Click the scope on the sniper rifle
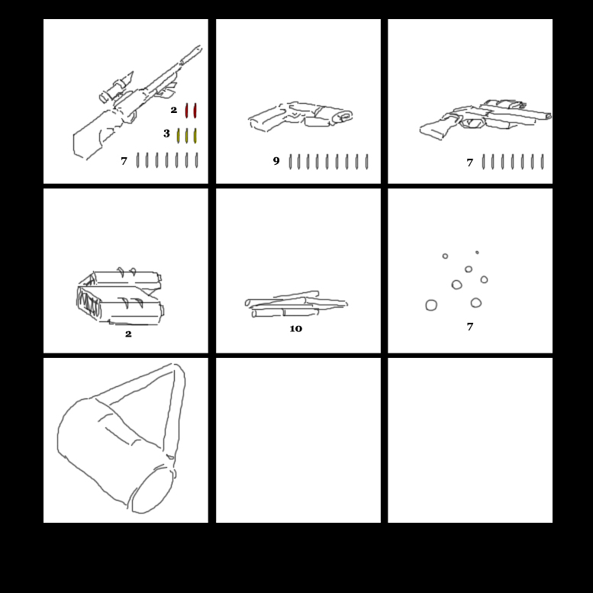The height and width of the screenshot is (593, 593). (116, 88)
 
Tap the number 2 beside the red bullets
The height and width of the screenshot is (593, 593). (173, 110)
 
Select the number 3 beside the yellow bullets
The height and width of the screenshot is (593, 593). (166, 134)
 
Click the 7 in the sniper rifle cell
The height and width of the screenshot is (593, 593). (124, 161)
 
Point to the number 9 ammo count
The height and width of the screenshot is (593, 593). (276, 161)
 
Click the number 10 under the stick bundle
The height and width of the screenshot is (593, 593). (296, 329)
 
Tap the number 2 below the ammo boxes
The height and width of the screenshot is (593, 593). (128, 334)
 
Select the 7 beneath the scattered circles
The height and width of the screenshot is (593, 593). (470, 327)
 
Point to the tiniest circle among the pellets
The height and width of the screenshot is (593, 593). (477, 253)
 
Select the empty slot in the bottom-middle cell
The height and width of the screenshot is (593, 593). (298, 440)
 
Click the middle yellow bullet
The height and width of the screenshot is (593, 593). (186, 136)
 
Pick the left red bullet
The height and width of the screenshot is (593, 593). (186, 111)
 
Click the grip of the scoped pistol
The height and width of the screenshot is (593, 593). (436, 127)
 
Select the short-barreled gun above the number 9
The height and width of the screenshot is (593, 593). (301, 116)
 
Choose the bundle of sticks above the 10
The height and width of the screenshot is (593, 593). (296, 304)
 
